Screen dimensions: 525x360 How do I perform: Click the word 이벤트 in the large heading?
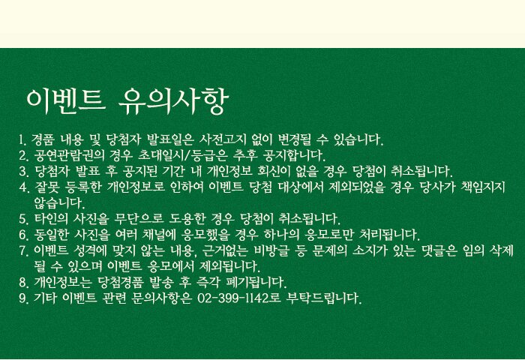pos(66,101)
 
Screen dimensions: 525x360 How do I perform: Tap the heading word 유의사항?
pos(174,101)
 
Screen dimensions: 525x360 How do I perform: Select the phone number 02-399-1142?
pos(233,297)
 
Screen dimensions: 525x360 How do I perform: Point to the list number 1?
pos(22,139)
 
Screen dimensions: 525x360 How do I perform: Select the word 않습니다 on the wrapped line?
pos(59,202)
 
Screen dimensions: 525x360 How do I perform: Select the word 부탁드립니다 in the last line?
pos(324,298)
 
